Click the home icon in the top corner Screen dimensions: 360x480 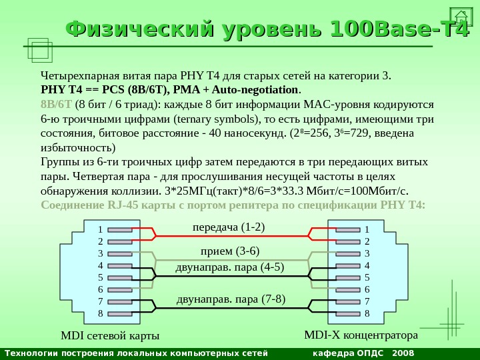point(461,17)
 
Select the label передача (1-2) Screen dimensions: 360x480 point(229,227)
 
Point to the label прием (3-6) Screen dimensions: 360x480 point(230,251)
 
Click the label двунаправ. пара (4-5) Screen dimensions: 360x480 point(229,267)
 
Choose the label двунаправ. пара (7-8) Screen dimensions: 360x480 point(231,299)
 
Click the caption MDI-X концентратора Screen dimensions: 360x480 point(361,333)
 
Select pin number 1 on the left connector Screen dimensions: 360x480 point(101,229)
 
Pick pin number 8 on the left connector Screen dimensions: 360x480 point(101,313)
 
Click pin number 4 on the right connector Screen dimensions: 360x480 point(367,265)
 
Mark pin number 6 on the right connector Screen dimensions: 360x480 point(367,289)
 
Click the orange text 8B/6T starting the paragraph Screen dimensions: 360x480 point(56,104)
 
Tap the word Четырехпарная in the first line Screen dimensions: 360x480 point(75,74)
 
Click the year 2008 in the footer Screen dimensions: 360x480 point(403,353)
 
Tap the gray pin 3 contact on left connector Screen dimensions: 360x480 point(120,253)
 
